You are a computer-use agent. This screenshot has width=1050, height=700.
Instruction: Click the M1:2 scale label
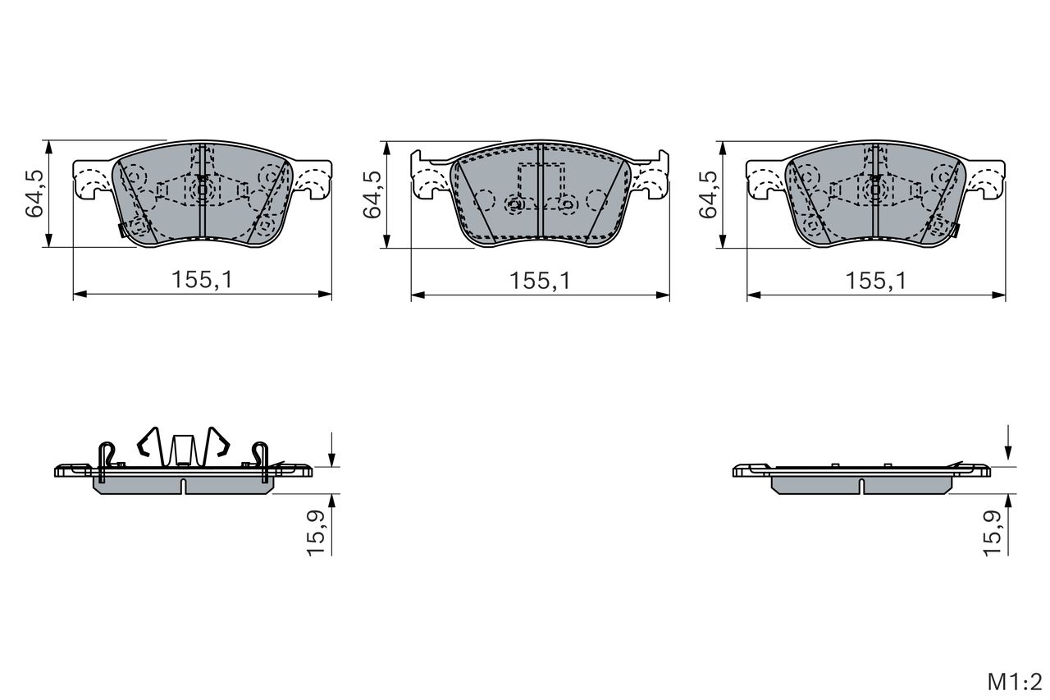tap(1015, 682)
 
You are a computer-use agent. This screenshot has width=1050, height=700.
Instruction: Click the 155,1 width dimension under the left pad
tap(202, 280)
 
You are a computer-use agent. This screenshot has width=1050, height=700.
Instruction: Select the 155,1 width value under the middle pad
tap(540, 281)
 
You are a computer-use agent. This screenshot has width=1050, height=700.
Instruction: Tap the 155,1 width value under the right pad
tap(876, 281)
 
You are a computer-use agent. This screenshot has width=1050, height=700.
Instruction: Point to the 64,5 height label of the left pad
tap(34, 194)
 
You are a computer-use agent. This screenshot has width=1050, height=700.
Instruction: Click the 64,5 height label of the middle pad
tap(372, 194)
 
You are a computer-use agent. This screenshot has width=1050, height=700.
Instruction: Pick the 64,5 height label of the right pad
tap(708, 194)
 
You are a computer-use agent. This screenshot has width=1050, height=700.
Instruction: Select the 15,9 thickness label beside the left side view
tap(316, 533)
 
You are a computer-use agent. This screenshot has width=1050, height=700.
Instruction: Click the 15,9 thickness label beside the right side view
tap(993, 533)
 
